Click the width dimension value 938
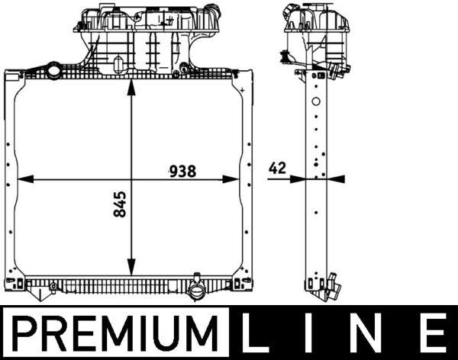(182, 172)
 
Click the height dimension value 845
(120, 204)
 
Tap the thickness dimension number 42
(277, 169)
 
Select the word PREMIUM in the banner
(115, 334)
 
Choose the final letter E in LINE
(433, 334)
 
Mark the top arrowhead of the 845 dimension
(132, 86)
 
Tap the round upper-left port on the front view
(53, 71)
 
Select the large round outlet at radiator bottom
(196, 292)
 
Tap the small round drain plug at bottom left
(53, 288)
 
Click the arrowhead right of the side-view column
(337, 180)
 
